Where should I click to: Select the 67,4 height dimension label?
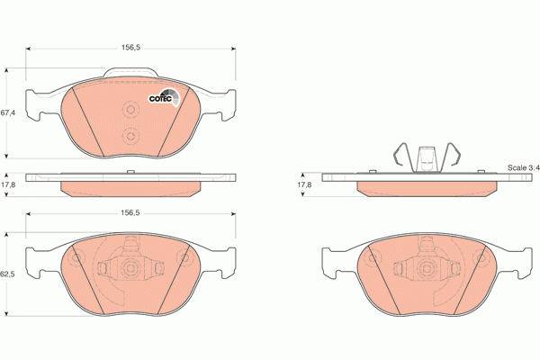(x=7, y=112)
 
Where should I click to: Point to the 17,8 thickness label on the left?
(x=8, y=185)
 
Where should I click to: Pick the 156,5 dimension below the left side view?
(x=133, y=211)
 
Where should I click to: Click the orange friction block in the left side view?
(x=131, y=188)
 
